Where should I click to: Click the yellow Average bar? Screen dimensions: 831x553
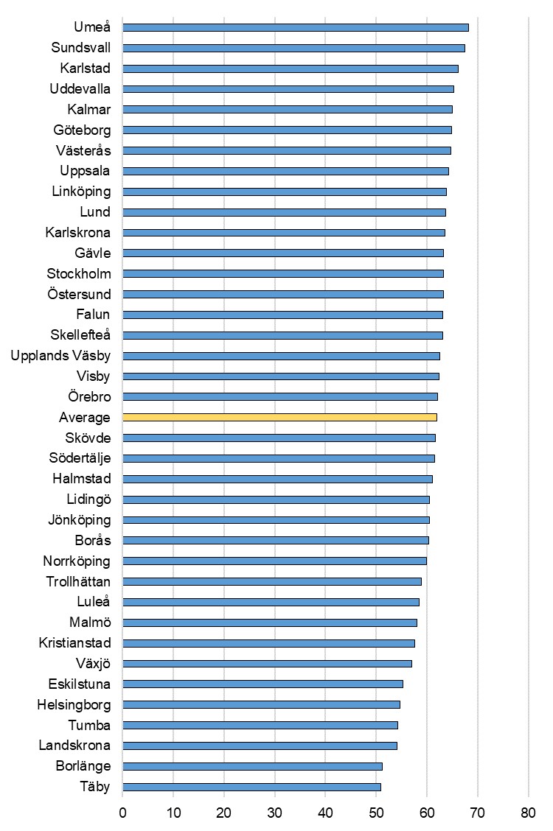tap(279, 417)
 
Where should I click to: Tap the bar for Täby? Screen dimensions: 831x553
tap(251, 787)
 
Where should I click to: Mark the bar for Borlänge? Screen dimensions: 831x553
tap(252, 766)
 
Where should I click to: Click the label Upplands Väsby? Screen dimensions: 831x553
tap(60, 356)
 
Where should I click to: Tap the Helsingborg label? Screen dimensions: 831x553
tap(74, 705)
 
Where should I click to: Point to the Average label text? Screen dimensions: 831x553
tap(85, 418)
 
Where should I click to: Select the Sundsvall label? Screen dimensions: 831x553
tap(81, 48)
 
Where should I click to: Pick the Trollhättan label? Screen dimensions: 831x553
tap(77, 581)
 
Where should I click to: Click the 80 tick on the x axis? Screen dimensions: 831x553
tap(529, 813)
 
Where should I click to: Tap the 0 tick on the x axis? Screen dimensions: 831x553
tap(122, 813)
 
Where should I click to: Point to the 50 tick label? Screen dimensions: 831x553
tap(376, 813)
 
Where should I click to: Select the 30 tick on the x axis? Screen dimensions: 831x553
tap(275, 813)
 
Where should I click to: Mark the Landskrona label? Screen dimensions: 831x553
tap(74, 746)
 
